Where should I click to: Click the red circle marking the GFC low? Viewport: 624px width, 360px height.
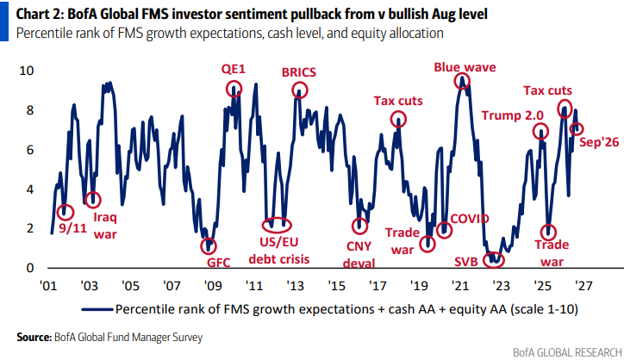pos(202,246)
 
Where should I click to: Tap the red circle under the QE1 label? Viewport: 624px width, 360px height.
pos(228,89)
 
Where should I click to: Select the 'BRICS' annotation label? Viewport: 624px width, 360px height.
pos(299,72)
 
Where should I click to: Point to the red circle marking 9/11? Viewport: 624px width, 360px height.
pos(59,212)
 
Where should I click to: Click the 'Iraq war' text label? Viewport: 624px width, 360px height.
pos(105,226)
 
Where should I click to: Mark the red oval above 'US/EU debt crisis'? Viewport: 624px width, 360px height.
pos(263,225)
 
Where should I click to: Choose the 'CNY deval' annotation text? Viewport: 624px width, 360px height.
pos(359,255)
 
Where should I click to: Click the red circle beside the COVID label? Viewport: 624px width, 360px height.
pos(437,230)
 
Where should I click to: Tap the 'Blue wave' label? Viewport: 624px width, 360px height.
pos(465,67)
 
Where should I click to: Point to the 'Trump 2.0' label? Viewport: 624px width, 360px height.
pos(513,115)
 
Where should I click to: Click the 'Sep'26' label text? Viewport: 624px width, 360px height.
pos(599,142)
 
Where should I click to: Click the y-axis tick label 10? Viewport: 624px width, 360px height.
pos(27,71)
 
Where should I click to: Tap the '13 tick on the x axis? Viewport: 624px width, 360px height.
pos(295,286)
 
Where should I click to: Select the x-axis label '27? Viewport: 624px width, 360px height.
pos(583,286)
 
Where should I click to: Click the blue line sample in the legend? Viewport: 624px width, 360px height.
pos(97,309)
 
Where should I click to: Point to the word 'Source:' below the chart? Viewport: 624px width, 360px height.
pos(34,338)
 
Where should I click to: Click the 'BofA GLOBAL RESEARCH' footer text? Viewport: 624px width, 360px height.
pos(567,352)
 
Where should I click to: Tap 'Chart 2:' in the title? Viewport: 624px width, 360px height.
pos(40,15)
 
